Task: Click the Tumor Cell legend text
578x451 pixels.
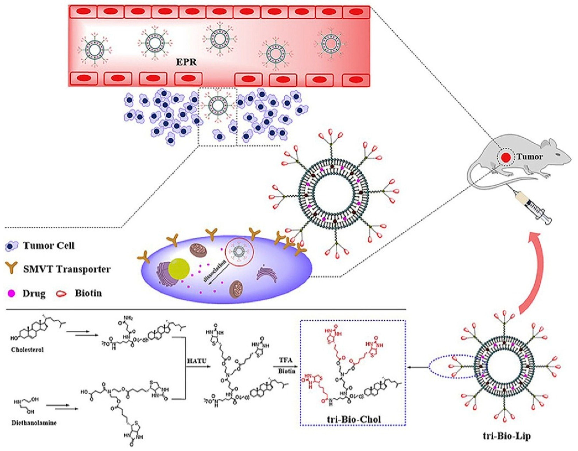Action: point(49,246)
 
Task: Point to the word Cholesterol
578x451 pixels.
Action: point(27,350)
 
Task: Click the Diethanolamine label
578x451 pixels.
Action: point(34,423)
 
